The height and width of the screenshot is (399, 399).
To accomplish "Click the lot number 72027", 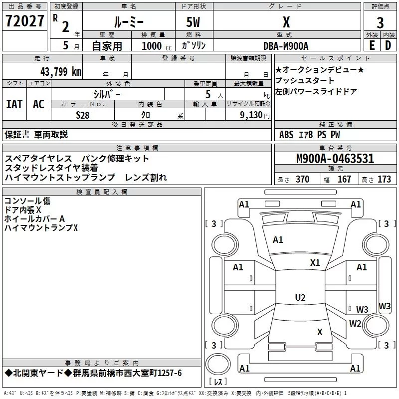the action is [24, 21].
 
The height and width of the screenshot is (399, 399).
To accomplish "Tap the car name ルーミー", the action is [129, 22].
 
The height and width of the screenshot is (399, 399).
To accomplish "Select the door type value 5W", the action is [193, 22].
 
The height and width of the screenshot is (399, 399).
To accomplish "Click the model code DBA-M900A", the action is [286, 46].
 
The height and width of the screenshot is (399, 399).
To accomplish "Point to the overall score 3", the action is [380, 22].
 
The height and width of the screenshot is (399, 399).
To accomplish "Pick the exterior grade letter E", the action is [372, 45].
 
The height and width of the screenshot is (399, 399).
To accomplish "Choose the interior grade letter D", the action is [388, 45].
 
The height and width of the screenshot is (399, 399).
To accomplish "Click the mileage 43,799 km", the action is [61, 71].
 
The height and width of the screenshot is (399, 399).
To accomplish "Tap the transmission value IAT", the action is [14, 104].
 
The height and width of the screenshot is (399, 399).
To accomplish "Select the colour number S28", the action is [83, 115].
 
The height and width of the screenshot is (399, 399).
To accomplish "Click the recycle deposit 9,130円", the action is [255, 115].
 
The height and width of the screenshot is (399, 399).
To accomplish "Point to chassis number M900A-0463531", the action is [335, 159].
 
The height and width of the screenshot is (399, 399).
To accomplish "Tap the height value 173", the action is [384, 179].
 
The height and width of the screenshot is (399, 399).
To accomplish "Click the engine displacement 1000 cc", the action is [157, 46].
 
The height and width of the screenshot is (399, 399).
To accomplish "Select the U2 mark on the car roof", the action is [300, 297].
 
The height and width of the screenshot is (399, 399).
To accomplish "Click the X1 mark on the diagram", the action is [315, 263].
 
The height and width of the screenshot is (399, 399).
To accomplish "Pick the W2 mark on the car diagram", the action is [355, 323].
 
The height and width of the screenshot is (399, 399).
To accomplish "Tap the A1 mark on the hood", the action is [278, 240].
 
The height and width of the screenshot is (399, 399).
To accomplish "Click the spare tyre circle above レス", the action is [218, 364].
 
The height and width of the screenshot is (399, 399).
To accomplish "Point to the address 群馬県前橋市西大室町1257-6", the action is [127, 373].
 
